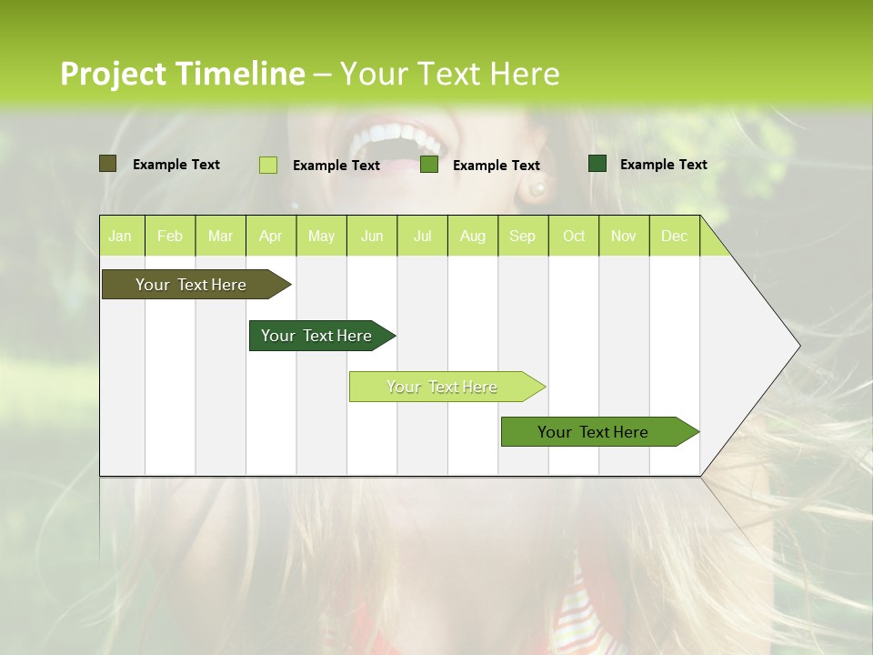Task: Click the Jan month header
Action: tap(120, 236)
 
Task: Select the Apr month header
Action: tap(270, 236)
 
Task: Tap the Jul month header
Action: tap(422, 236)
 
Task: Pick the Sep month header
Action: tap(522, 236)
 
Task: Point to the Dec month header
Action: tap(674, 236)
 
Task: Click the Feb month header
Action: tap(170, 236)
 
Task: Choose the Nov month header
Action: tap(623, 236)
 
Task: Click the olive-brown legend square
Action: tap(107, 164)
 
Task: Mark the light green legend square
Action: tap(267, 165)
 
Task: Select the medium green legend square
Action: tap(429, 165)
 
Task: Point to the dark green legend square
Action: tap(597, 164)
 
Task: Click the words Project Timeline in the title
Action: tap(182, 74)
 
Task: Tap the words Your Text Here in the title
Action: tap(449, 74)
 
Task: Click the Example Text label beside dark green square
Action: tap(663, 164)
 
